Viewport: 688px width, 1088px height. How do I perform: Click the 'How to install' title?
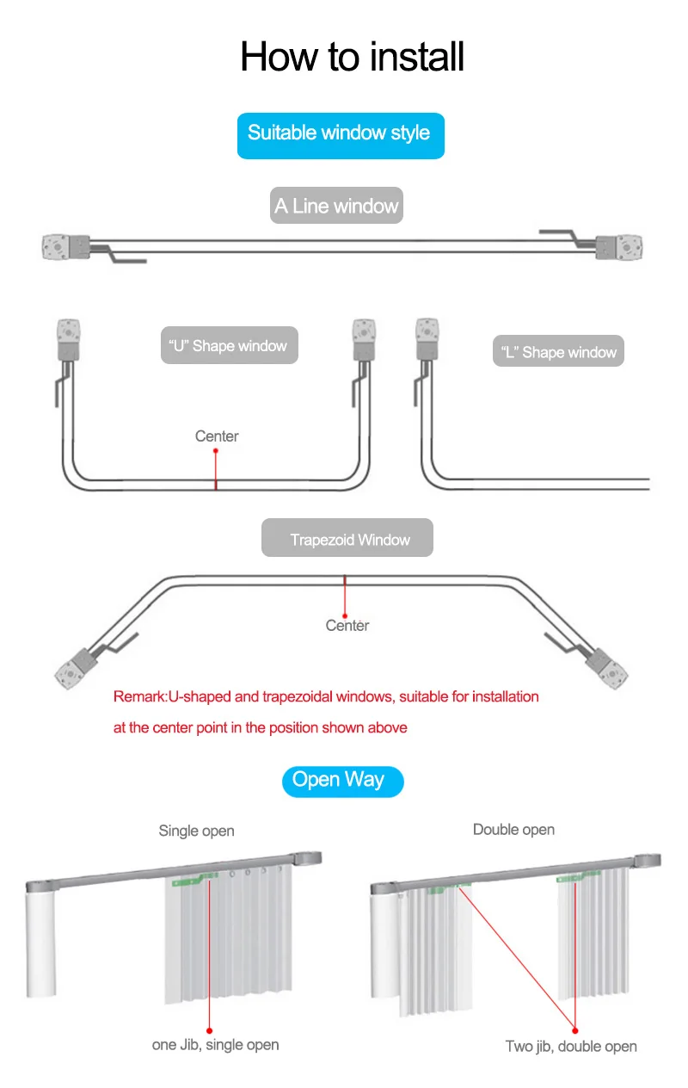(353, 57)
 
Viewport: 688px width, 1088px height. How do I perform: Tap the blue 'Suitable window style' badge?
(340, 133)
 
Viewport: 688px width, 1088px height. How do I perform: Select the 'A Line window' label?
(336, 207)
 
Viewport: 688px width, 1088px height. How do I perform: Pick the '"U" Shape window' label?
(229, 346)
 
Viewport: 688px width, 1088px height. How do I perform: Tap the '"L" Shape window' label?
(559, 352)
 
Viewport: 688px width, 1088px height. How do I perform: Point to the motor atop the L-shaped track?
(427, 338)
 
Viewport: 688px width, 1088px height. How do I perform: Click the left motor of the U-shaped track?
(68, 338)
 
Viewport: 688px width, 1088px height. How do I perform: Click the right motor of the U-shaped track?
(364, 338)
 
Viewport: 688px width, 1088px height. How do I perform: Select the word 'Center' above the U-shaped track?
(217, 436)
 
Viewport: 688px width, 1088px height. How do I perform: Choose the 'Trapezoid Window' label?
(349, 540)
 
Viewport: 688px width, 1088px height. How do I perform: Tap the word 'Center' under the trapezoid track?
(347, 626)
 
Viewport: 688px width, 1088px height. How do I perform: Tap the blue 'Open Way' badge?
(338, 780)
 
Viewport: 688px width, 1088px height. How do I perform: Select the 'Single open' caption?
(196, 831)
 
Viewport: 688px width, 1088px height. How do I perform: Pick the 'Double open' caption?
(513, 830)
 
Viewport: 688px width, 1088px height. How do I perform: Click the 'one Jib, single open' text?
(216, 1045)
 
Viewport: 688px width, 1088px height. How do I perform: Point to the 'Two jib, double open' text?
(571, 1047)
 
